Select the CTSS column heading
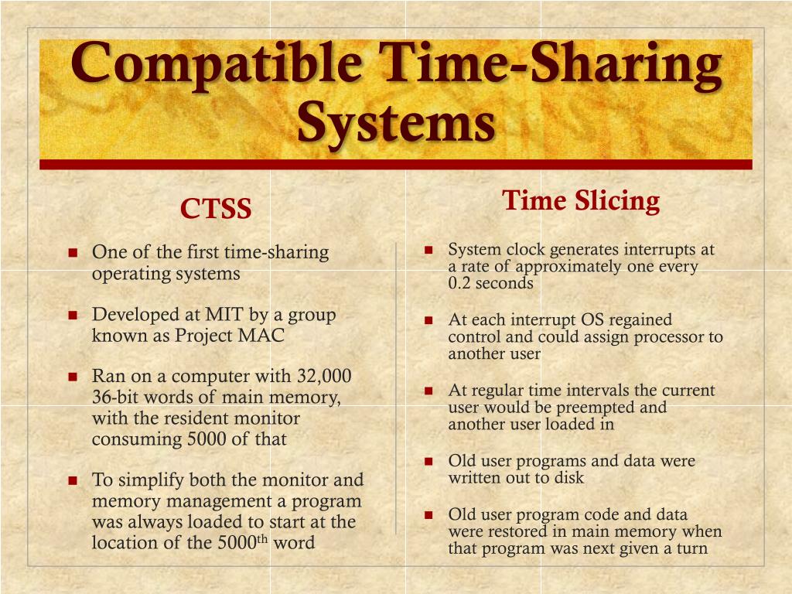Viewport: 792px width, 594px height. coord(216,209)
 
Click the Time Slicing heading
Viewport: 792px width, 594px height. coord(581,201)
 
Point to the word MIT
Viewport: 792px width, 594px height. coord(223,315)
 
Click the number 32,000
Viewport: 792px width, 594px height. coord(324,377)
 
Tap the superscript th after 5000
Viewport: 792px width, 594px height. coord(261,539)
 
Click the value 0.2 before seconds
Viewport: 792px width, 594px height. coord(459,283)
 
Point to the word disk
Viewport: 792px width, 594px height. coord(568,478)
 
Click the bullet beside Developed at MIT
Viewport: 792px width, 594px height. coord(73,316)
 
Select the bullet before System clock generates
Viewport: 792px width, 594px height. coord(429,250)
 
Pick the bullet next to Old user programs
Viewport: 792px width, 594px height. coord(429,462)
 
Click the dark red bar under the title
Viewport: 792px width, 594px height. coord(395,164)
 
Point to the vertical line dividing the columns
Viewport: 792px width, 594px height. coord(396,387)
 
